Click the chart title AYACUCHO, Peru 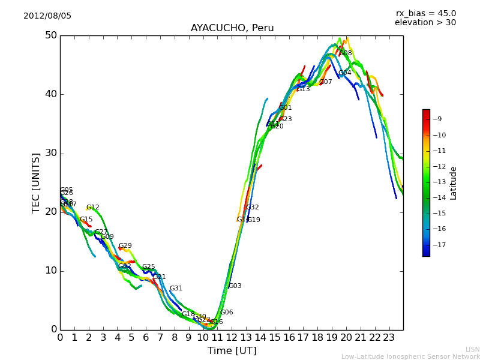click(x=232, y=28)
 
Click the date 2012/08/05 click(x=47, y=16)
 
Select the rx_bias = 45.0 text click(x=425, y=14)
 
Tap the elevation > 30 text click(x=425, y=23)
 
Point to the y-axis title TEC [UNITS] click(x=36, y=182)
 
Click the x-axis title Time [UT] click(x=232, y=351)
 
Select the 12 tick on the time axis click(x=232, y=338)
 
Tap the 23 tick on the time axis click(x=389, y=338)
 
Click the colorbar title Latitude click(x=454, y=183)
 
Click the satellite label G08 click(x=346, y=53)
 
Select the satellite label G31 click(x=176, y=289)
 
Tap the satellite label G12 click(x=93, y=208)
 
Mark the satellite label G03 click(x=235, y=286)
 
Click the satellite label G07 click(x=325, y=82)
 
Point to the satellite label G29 click(x=125, y=246)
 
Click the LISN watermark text click(x=472, y=349)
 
